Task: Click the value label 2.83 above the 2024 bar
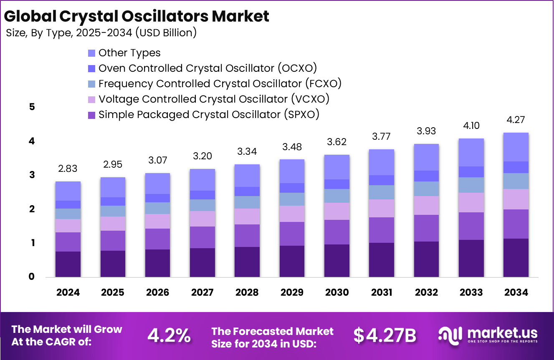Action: tap(68, 169)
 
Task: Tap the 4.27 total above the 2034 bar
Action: tap(516, 120)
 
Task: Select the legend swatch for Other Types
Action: tap(92, 53)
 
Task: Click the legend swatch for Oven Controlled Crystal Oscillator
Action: tap(92, 68)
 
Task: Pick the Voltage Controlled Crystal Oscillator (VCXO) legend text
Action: tap(214, 99)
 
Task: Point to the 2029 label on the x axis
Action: tap(292, 292)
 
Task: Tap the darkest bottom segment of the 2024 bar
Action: tap(68, 264)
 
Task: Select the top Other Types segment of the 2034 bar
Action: tap(516, 147)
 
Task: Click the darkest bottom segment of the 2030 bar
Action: tap(336, 261)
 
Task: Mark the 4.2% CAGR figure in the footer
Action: tap(169, 335)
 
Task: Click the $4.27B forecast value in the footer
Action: tap(385, 335)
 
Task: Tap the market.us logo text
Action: tap(502, 333)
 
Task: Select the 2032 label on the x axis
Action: tap(426, 292)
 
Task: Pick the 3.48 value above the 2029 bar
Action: tap(292, 147)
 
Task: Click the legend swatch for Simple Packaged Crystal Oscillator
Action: tap(92, 115)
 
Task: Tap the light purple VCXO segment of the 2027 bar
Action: tap(202, 219)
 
